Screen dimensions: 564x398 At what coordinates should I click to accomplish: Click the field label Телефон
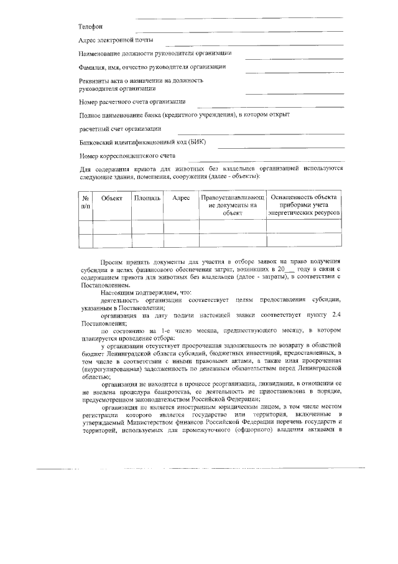(x=90, y=27)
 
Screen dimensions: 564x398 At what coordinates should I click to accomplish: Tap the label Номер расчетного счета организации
(x=132, y=101)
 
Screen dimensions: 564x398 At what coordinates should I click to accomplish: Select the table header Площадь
(x=147, y=197)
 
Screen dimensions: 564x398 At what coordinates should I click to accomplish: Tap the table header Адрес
(x=181, y=197)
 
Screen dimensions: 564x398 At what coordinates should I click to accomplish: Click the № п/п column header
(x=85, y=201)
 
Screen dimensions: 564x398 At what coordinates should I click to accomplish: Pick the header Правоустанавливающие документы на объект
(x=232, y=205)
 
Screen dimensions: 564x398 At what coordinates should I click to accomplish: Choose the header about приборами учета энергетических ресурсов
(x=304, y=205)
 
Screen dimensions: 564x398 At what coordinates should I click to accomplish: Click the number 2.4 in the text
(x=336, y=316)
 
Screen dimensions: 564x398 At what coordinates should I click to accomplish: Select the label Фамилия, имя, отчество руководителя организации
(x=152, y=66)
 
